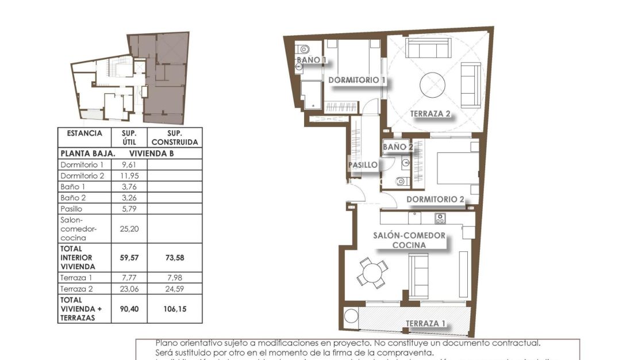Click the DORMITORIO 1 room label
click(356, 80)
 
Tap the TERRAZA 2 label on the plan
click(430, 113)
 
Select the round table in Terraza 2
click(432, 85)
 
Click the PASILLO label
click(363, 165)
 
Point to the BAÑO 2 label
click(398, 147)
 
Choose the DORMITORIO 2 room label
click(435, 200)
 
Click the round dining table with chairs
click(372, 272)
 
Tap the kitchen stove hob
click(440, 218)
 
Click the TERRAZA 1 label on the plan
click(425, 323)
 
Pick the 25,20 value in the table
click(131, 228)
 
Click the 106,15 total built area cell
click(175, 309)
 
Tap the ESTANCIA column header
click(84, 133)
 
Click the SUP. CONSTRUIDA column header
click(175, 137)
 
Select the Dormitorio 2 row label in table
click(83, 175)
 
